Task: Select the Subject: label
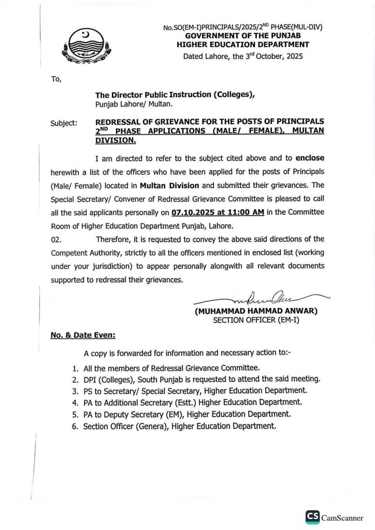[x=64, y=124]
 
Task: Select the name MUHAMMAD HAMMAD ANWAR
[x=256, y=312]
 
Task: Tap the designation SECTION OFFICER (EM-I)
[x=256, y=320]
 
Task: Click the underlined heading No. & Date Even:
[x=83, y=335]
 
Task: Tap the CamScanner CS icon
[x=312, y=516]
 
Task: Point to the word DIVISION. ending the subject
[x=116, y=140]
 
